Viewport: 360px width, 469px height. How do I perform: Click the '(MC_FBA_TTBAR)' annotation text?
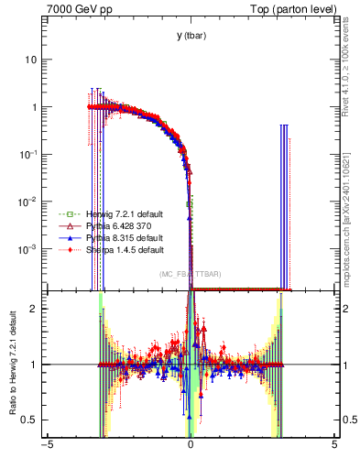click(190, 274)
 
